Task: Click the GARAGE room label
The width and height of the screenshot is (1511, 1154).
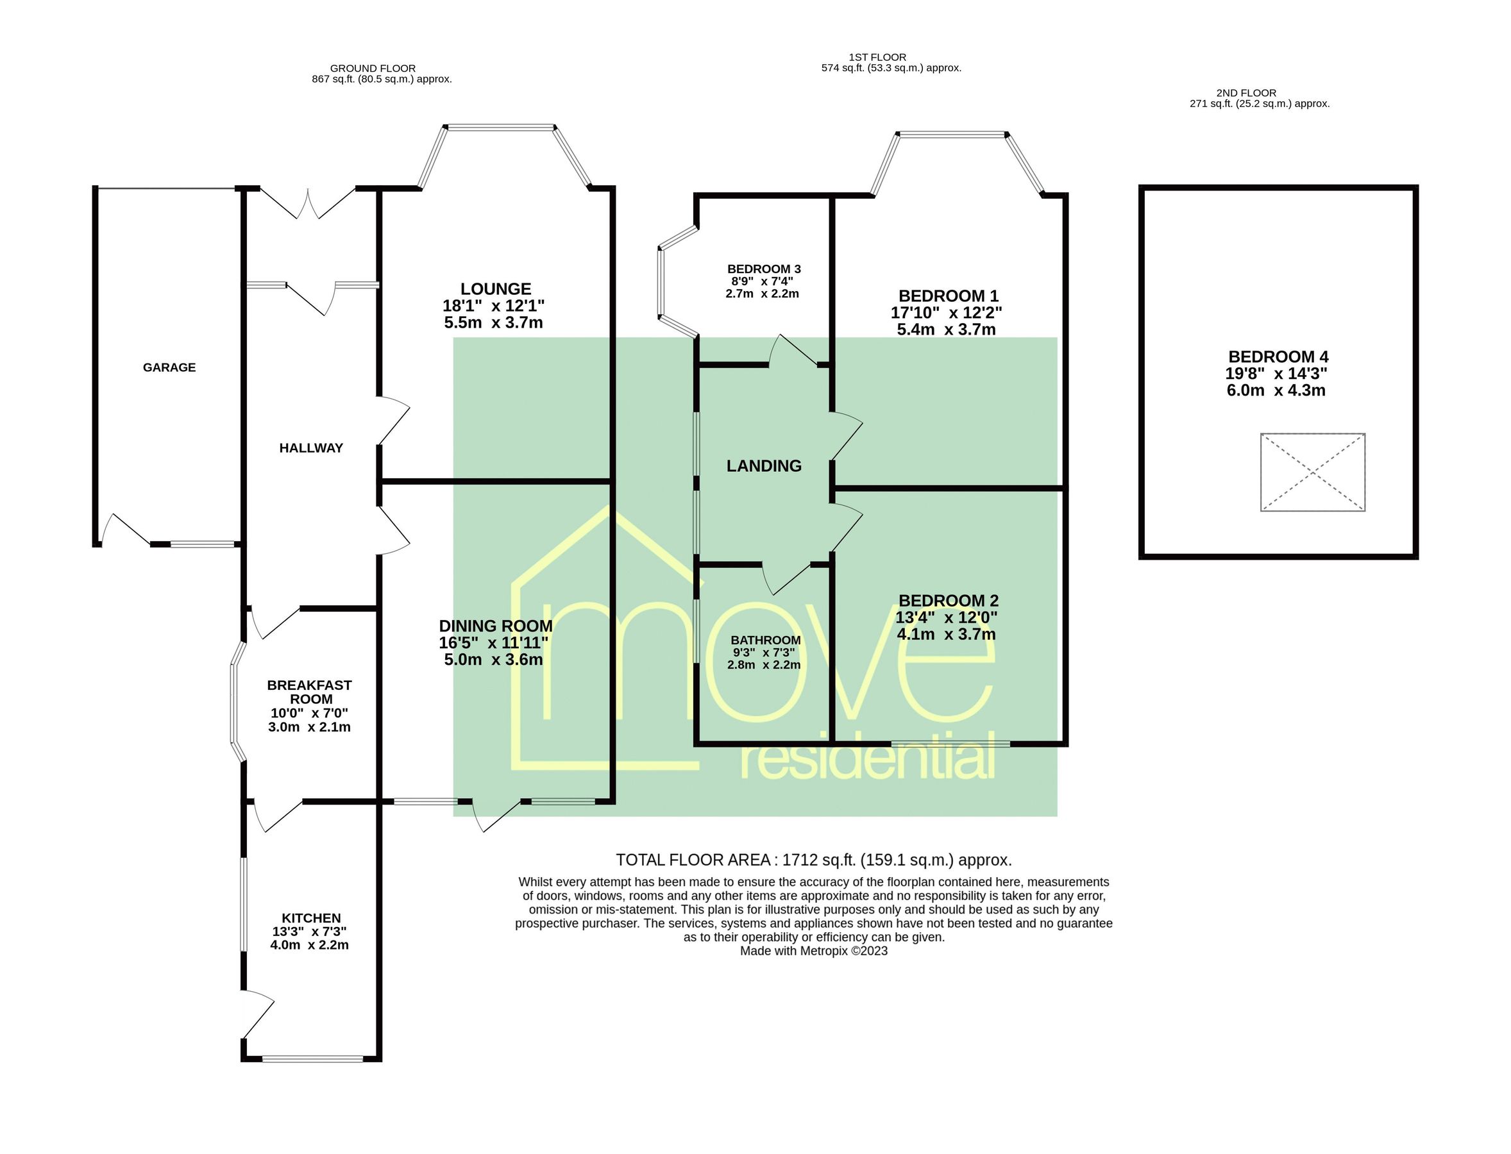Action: click(x=169, y=367)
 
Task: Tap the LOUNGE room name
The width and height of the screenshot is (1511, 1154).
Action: click(x=495, y=289)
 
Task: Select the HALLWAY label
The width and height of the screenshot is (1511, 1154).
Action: click(x=310, y=448)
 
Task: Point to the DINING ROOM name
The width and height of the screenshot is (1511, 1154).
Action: click(x=495, y=626)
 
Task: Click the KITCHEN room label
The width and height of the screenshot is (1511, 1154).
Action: click(x=310, y=917)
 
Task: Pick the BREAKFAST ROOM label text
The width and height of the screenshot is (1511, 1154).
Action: click(x=309, y=692)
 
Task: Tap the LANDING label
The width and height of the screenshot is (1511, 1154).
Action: click(x=764, y=465)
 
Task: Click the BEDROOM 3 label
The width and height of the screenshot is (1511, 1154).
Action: click(x=764, y=269)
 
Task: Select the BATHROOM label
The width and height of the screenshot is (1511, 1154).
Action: click(x=766, y=640)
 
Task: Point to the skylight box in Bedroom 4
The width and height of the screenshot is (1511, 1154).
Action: click(x=1312, y=472)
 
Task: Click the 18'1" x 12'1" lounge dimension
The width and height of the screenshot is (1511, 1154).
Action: click(x=494, y=306)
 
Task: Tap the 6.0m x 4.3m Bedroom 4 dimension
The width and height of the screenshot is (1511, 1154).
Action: click(x=1276, y=390)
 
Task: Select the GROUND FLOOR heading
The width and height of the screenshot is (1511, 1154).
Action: click(x=373, y=69)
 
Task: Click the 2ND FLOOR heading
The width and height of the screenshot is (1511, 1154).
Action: click(x=1245, y=93)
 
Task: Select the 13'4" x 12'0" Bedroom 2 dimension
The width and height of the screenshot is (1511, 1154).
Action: click(x=946, y=617)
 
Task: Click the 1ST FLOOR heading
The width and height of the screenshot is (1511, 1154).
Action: click(x=877, y=57)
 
